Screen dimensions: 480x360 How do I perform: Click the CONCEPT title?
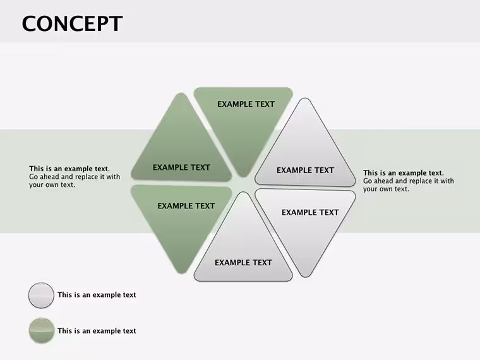point(72,23)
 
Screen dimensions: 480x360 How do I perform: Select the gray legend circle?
point(41,295)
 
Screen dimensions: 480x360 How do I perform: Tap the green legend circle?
point(41,330)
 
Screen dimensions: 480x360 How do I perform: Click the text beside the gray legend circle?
point(97,295)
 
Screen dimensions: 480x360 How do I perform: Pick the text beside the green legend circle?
point(97,331)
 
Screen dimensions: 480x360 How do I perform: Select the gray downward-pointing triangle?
point(305,227)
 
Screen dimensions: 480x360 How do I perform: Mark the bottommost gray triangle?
point(243,245)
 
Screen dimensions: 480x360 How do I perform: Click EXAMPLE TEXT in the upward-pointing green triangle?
point(181,167)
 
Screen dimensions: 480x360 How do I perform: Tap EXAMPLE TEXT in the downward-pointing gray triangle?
point(310,212)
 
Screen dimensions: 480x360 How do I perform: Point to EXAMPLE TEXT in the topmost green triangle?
point(246,104)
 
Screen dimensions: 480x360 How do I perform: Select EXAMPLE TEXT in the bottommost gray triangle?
point(243,263)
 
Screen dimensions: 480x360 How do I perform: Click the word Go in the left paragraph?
point(33,177)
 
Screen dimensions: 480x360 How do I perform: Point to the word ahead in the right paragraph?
point(383,181)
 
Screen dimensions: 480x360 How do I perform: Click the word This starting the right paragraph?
point(370,173)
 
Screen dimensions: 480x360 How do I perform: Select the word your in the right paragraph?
point(370,189)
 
